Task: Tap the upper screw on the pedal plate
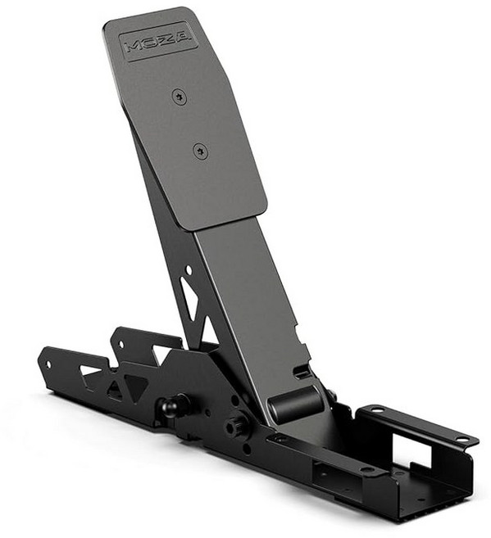click(x=180, y=97)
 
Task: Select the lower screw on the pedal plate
click(x=201, y=151)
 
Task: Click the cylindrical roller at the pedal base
click(x=295, y=404)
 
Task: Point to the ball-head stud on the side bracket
click(x=172, y=405)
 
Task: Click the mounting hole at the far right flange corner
click(x=464, y=441)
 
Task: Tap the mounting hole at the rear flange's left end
click(x=376, y=409)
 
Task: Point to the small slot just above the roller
click(x=302, y=373)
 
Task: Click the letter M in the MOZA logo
click(x=133, y=46)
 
